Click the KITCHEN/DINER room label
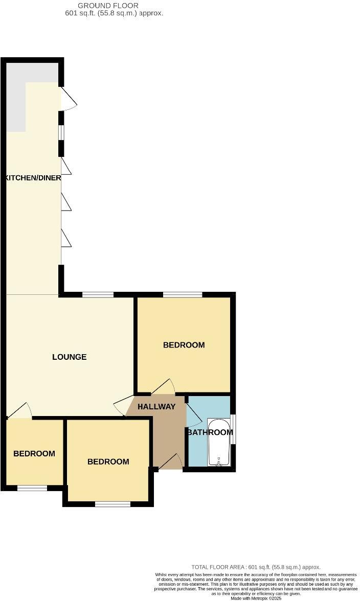pos(33,178)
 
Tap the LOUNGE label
pos(70,357)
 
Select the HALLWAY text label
pos(156,407)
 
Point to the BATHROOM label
pos(210,432)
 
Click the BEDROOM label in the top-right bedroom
pos(184,345)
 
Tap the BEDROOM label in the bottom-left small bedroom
pos(34,453)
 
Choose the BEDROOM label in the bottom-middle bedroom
pos(108,461)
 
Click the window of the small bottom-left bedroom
pos(32,488)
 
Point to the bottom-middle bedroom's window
pos(112,504)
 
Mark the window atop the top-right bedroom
pos(183,294)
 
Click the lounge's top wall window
pos(98,294)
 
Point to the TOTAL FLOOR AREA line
pos(256,567)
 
